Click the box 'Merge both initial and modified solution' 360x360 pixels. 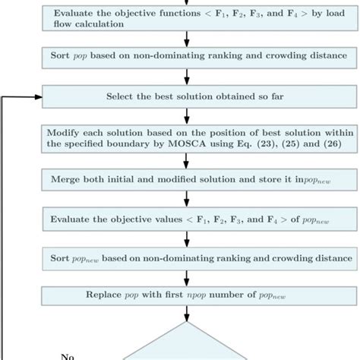[x=186, y=179]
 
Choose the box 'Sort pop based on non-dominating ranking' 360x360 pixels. [x=186, y=56]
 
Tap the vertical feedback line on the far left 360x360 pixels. [x=6, y=228]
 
